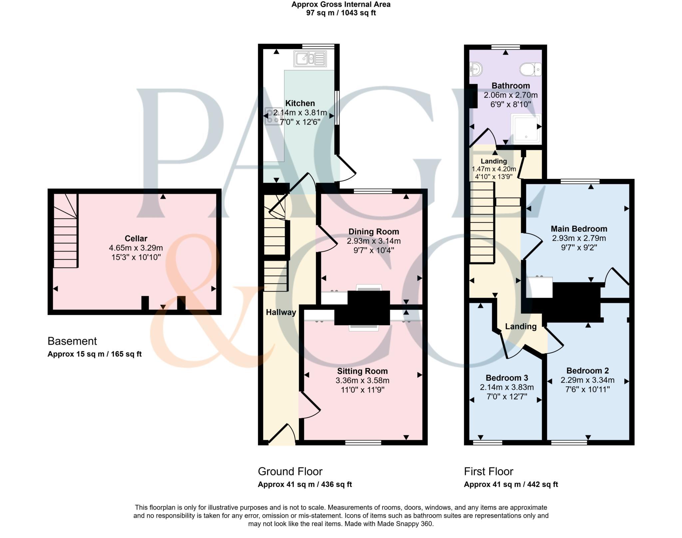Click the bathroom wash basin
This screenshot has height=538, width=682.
[476, 69]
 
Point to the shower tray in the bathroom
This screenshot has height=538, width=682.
[526, 129]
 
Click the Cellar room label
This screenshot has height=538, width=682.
[136, 238]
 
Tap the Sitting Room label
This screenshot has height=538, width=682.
[362, 371]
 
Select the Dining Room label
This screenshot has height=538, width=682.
[373, 232]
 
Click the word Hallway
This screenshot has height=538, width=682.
[281, 312]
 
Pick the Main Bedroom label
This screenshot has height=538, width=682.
[579, 229]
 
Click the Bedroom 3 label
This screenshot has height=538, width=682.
[507, 378]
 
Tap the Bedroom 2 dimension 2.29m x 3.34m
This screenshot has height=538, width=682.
[587, 380]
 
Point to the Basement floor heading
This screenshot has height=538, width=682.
[72, 341]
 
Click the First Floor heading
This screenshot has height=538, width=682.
[488, 471]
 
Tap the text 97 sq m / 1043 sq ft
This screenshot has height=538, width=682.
[341, 13]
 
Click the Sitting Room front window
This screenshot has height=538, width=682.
[363, 442]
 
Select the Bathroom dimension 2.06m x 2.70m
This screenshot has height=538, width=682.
[511, 95]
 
